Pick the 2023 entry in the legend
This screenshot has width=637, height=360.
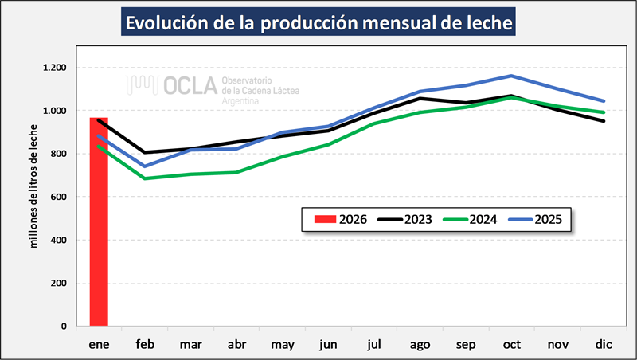(409, 218)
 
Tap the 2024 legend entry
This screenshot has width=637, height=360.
(476, 218)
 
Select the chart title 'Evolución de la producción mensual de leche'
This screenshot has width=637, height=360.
(318, 22)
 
